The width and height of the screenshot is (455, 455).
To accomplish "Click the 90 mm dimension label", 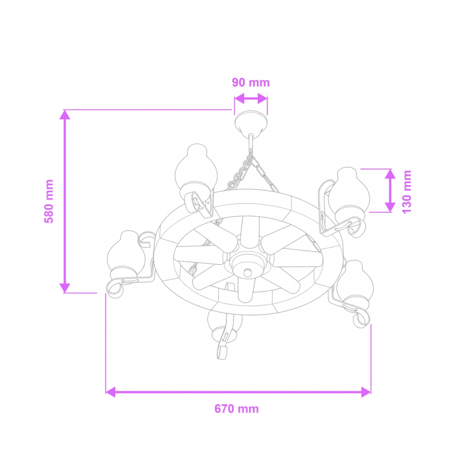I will (251, 83).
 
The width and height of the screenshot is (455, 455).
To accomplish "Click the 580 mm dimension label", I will (49, 201).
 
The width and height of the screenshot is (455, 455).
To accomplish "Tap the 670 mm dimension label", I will (236, 409).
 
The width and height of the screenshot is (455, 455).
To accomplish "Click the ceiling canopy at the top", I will (251, 123).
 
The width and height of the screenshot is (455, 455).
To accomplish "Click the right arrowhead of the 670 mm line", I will (365, 392).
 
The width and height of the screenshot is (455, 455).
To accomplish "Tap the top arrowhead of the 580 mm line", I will (64, 115).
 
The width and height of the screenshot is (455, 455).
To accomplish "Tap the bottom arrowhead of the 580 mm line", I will (64, 287).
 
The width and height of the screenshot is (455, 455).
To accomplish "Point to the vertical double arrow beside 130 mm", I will (389, 190).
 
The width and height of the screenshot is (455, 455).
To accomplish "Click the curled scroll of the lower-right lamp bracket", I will (361, 318).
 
